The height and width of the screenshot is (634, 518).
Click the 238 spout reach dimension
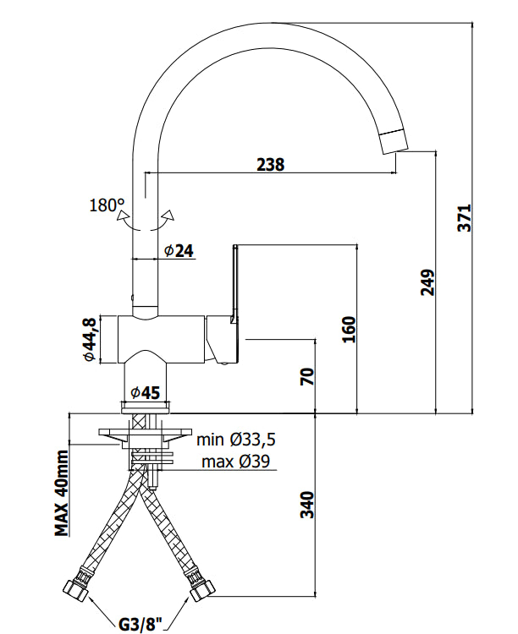271,164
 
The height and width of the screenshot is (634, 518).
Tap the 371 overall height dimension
465,218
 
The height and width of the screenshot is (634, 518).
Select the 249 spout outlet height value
427,281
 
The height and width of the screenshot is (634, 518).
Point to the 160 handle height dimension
349,330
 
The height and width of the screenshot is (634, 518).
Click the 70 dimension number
307,376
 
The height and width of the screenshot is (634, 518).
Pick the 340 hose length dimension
307,504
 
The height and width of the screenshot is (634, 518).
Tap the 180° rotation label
107,205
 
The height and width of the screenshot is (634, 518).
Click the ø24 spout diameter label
179,251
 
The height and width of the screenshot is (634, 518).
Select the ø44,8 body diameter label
89,339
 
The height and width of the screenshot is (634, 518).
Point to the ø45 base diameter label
146,391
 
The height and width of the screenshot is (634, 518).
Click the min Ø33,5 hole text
236,439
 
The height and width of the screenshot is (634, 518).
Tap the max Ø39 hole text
235,461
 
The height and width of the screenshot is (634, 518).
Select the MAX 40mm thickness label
62,494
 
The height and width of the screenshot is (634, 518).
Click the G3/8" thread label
141,625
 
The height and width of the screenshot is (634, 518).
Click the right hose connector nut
202,590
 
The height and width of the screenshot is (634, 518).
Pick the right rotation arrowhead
168,215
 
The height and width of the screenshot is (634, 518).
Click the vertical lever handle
234,283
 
